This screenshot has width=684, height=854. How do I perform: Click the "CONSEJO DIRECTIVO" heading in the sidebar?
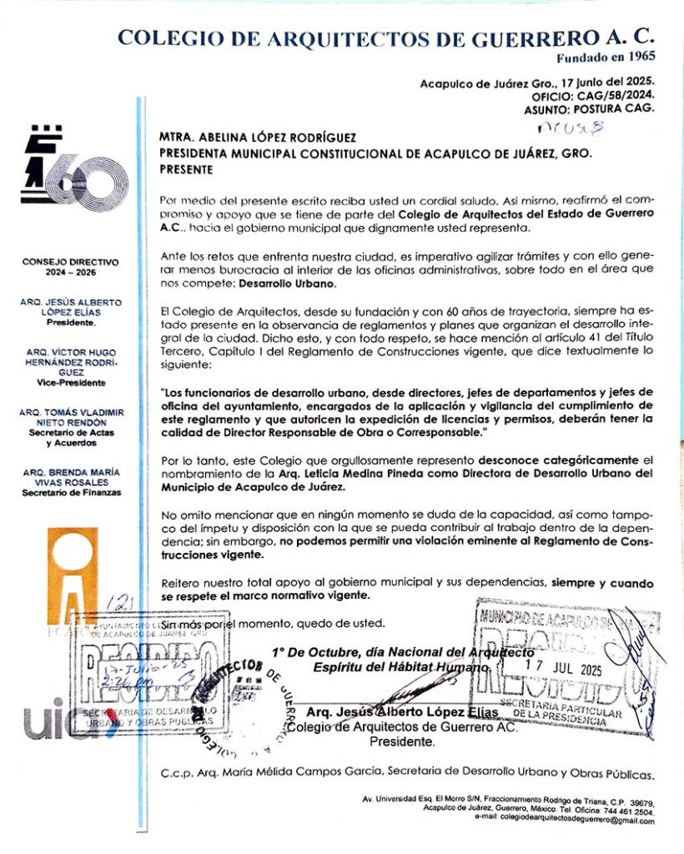coord(72,262)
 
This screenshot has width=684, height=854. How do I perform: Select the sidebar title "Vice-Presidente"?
coord(71,383)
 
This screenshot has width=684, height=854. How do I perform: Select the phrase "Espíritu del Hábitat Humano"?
coord(399,667)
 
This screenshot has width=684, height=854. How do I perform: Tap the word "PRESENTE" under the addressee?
coord(184,169)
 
